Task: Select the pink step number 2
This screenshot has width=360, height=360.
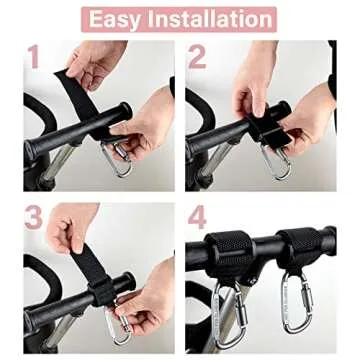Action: click(x=197, y=58)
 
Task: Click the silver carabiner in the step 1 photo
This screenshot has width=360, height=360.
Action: click(x=119, y=158)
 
